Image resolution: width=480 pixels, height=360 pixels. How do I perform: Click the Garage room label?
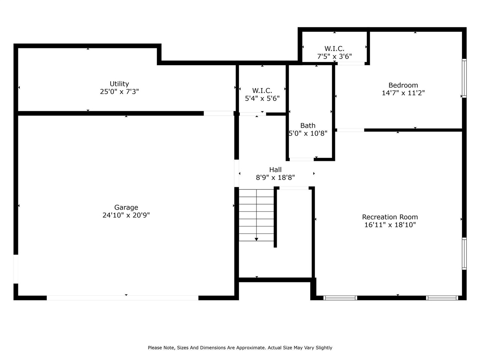coord(126,207)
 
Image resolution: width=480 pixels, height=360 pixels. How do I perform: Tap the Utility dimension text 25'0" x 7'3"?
coord(119,91)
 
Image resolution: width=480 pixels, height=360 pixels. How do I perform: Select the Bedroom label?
coord(403,85)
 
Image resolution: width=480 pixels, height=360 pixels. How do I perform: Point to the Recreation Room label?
coord(390,217)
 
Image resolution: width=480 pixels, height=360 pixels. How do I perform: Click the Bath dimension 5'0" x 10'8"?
coord(308,133)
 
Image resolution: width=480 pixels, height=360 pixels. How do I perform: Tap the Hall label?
coord(275,170)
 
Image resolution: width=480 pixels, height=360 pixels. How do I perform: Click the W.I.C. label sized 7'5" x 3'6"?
coord(334,49)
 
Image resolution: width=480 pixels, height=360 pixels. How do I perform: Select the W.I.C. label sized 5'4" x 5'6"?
coord(262,91)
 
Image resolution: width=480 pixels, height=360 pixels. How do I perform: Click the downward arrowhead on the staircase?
coord(256,239)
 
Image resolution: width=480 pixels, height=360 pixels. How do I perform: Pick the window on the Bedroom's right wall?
coord(464,78)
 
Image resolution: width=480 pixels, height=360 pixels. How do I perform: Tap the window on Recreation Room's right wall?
coord(464,253)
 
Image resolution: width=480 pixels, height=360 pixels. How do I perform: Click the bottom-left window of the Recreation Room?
coord(340,298)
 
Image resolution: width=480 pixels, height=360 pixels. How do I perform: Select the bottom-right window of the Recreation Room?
coord(442,298)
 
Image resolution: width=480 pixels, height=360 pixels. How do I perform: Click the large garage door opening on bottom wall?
coord(123,298)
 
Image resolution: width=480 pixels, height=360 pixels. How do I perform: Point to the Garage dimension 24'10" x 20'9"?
coord(126,215)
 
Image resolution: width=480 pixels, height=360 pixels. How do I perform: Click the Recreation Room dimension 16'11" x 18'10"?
coord(390,225)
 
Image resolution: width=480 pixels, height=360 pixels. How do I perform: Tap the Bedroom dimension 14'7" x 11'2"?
coord(403,93)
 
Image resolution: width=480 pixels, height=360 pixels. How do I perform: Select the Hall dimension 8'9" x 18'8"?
coord(275,178)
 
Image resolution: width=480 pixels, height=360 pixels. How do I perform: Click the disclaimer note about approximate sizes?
coord(240,348)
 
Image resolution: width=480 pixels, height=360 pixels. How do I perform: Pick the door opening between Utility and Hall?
coord(219,113)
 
